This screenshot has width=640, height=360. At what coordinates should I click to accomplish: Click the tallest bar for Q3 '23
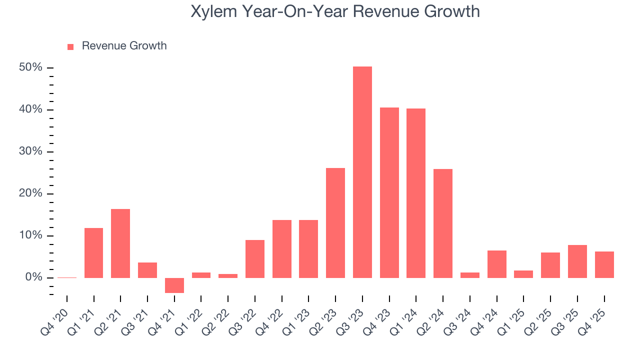pos(362,172)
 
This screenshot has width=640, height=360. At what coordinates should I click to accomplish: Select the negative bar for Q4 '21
pos(174,285)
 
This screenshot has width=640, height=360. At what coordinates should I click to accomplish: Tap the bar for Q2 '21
pos(120,243)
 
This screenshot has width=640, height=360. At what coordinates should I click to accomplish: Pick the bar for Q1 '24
pos(416,193)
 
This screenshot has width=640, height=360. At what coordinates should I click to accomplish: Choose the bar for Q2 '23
pos(335,223)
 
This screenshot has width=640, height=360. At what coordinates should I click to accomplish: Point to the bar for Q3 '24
pos(470,275)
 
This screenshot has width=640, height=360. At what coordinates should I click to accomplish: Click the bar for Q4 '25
pos(604,264)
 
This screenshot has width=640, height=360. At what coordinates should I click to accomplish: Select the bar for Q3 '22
pos(255,259)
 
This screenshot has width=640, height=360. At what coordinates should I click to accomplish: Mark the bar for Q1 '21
pos(94,253)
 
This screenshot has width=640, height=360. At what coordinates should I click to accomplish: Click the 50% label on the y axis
pos(30,67)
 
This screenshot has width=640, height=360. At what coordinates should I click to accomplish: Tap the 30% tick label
pos(30,151)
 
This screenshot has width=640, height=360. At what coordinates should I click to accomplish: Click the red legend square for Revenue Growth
pos(70,46)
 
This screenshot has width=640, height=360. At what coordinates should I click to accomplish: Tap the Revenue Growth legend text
pos(124,46)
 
